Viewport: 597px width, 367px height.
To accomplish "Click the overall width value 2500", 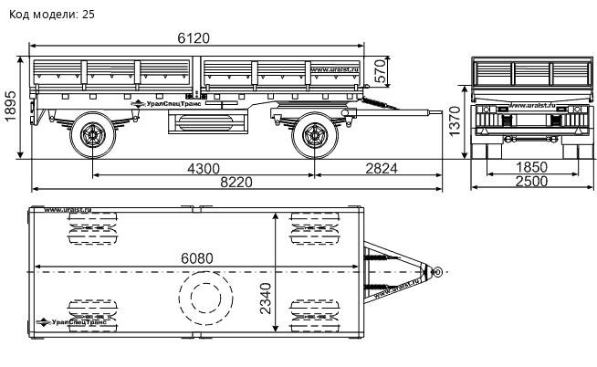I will [x=531, y=182].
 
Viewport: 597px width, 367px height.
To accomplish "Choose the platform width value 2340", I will [x=266, y=297].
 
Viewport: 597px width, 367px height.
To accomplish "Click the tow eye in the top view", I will [x=438, y=271].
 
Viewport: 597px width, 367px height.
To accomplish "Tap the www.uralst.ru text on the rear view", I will [x=534, y=106].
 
